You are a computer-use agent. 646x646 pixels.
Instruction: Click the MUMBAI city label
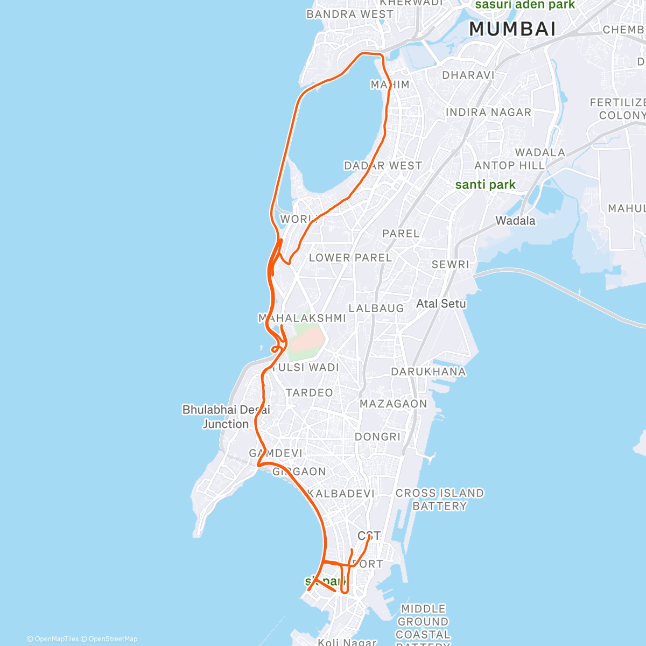[x=512, y=29]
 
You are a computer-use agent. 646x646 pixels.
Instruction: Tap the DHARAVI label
[x=468, y=75]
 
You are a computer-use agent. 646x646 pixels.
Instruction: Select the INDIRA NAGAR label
[x=488, y=113]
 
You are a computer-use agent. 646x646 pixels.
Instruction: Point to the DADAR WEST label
[x=383, y=166]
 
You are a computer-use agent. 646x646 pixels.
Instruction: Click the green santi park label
[x=485, y=185]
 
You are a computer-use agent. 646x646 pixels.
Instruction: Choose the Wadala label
[x=515, y=221]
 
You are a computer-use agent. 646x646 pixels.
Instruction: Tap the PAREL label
[x=401, y=234]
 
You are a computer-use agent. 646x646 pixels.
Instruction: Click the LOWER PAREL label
[x=350, y=258]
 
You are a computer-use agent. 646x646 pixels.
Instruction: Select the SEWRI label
[x=450, y=264]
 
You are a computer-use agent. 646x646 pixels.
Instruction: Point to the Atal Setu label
[x=441, y=304]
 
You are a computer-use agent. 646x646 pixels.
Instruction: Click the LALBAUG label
[x=376, y=308]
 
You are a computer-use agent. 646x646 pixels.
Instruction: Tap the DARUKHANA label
[x=428, y=371]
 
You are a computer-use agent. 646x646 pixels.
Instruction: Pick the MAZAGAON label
[x=393, y=404]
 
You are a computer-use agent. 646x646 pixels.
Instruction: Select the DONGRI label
[x=377, y=437]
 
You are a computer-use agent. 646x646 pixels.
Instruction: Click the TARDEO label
[x=309, y=393]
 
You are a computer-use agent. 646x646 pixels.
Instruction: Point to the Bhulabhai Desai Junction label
[x=226, y=417]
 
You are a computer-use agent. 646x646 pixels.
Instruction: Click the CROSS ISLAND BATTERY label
[x=439, y=500]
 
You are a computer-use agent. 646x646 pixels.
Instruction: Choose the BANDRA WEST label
[x=349, y=15]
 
